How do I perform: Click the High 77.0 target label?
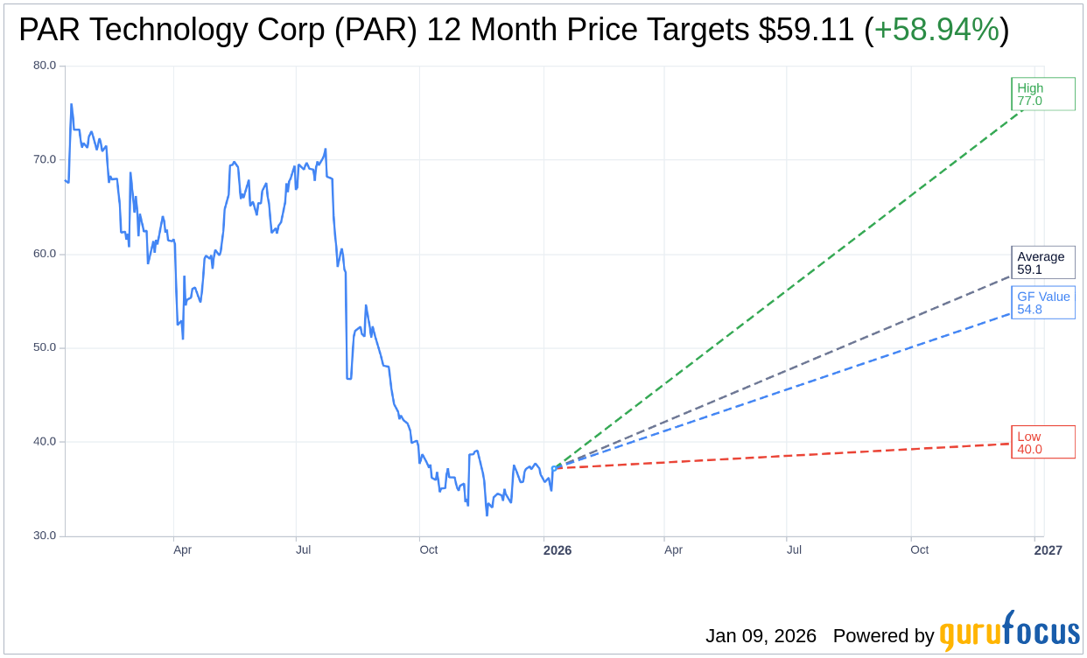[x=1043, y=94]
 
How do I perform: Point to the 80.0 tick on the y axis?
[x=45, y=66]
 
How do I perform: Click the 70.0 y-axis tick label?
[x=45, y=159]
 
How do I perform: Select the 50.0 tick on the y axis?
[x=45, y=347]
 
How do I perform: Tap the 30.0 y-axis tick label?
[x=45, y=535]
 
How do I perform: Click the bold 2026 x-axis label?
[x=557, y=550]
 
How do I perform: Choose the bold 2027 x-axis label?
[x=1048, y=550]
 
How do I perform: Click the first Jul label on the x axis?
[x=304, y=550]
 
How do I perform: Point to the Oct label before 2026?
[x=428, y=550]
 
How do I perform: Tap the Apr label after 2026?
[x=673, y=550]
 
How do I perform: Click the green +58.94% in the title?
[x=936, y=31]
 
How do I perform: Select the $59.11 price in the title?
[x=806, y=31]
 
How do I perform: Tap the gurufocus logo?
[x=1009, y=632]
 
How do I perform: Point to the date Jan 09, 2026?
[x=761, y=636]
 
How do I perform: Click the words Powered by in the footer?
[x=883, y=636]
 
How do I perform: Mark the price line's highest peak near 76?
[x=71, y=105]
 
